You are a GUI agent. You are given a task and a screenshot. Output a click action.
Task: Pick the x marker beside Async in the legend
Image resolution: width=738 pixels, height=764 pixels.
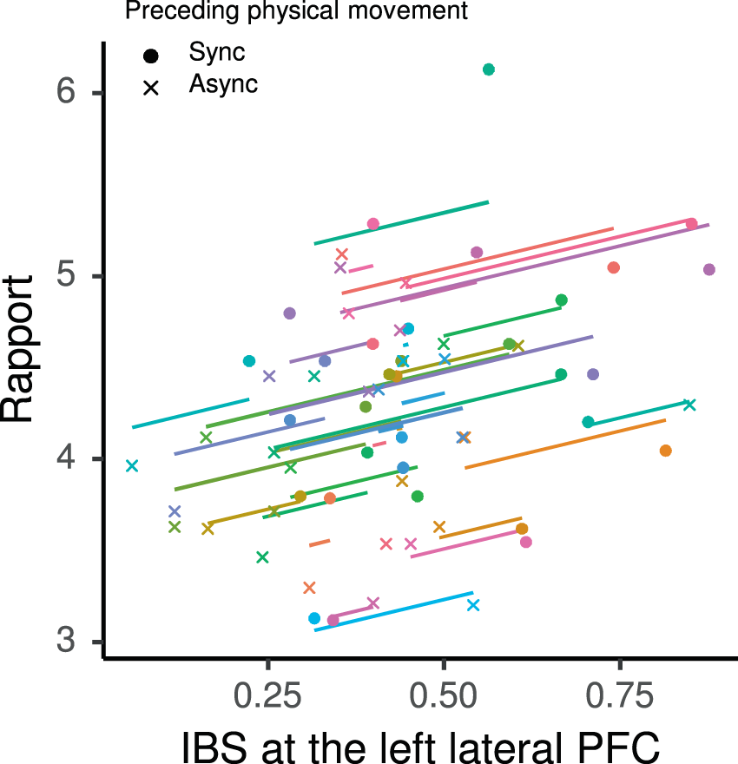[151, 87]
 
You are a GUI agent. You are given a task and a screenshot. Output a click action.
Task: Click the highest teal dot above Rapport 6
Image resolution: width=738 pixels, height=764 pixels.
[488, 69]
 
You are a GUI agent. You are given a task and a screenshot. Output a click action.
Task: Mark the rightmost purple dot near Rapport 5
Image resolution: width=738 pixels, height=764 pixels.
[709, 270]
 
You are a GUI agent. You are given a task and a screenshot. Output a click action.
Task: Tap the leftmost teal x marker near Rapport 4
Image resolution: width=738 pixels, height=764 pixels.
[132, 466]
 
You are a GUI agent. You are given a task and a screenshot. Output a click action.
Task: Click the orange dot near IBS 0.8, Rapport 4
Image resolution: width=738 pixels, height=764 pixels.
[666, 451]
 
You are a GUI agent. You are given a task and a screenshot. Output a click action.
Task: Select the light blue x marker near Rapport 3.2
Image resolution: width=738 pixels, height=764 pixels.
[473, 604]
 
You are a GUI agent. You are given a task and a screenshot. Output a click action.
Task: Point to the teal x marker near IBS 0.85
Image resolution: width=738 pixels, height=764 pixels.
[689, 405]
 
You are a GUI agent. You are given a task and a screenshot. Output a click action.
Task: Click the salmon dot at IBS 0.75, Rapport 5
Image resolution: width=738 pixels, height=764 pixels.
[613, 267]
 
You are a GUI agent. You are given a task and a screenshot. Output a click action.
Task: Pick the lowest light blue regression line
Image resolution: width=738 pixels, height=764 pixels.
[393, 611]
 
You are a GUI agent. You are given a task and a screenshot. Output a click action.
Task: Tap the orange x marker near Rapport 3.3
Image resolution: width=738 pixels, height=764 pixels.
[309, 588]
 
